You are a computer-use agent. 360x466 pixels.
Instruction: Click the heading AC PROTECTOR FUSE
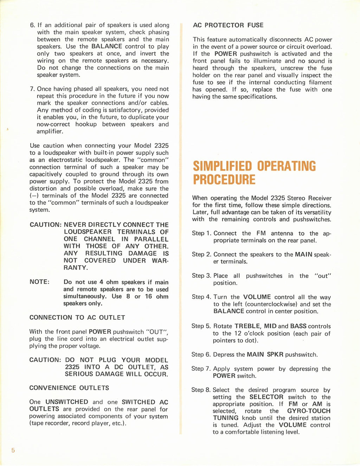pos(228,25)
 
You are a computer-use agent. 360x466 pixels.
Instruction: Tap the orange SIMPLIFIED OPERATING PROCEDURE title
pos(254,173)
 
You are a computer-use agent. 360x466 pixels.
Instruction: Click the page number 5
pos(13,451)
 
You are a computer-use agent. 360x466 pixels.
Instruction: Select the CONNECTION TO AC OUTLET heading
pos(77,318)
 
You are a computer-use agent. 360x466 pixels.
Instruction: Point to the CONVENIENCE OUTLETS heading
pos(69,388)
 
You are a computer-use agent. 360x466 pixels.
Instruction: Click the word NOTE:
pos(39,282)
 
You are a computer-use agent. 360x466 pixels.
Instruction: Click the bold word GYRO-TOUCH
pos(309,411)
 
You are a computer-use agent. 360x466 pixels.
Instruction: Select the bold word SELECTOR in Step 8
pos(266,397)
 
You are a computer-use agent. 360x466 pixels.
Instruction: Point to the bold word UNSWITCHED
pos(67,402)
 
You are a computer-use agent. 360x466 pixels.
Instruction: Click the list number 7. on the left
pos(33,89)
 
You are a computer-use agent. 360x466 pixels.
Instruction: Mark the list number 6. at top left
pos(33,25)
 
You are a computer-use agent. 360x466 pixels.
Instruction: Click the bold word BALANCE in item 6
pos(107,46)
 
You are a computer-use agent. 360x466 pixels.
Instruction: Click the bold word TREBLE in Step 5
pos(247,326)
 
